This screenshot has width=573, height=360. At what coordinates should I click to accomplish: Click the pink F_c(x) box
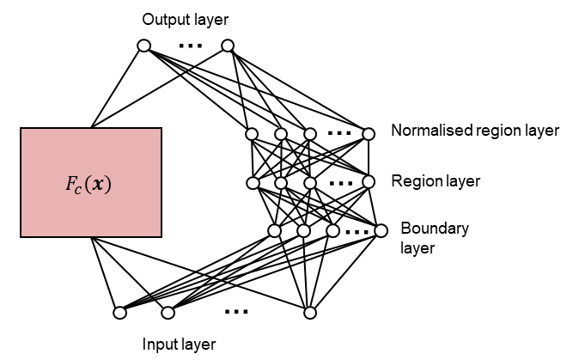[91, 182]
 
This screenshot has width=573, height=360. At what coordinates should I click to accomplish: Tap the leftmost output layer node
[144, 46]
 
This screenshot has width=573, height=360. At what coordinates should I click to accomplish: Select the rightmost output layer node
[228, 46]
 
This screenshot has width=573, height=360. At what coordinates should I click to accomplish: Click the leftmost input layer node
[119, 313]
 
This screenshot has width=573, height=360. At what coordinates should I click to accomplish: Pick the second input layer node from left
[168, 313]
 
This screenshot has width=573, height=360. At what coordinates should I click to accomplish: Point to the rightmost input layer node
[310, 313]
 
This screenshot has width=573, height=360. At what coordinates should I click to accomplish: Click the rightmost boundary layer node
[381, 230]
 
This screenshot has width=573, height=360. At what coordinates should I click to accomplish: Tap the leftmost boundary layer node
[274, 230]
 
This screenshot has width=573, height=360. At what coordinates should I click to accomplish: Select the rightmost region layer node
[369, 181]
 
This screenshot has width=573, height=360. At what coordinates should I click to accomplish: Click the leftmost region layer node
[253, 182]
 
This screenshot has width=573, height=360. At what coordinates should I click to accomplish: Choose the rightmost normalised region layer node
[369, 134]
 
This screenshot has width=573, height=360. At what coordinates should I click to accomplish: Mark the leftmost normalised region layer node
[252, 134]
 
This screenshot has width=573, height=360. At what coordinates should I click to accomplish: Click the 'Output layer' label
[186, 20]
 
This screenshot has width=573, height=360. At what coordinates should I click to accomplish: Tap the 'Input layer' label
[179, 345]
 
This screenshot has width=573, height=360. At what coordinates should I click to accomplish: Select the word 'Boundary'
[435, 229]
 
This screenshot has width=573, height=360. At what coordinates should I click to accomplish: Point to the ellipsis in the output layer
[190, 46]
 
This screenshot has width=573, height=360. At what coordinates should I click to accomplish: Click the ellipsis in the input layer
[236, 312]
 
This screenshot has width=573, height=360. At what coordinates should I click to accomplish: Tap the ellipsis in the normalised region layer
[339, 133]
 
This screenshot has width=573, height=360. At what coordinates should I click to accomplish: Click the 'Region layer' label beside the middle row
[436, 181]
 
